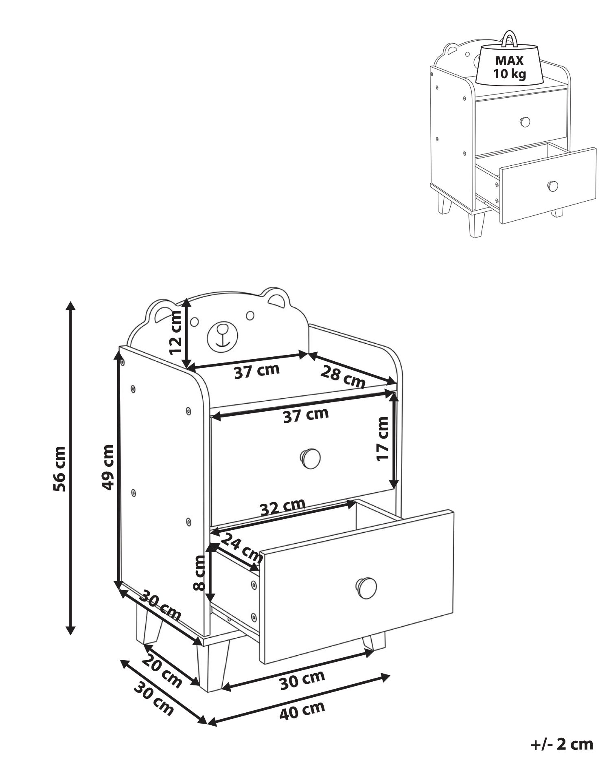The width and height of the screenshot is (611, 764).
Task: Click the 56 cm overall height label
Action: point(59,469)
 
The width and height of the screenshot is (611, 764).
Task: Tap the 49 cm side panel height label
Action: point(107,467)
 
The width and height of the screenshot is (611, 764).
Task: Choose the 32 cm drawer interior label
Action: point(283,507)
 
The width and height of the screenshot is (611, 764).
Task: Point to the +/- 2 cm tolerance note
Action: point(562,744)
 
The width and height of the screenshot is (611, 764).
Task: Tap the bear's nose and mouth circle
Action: point(222,336)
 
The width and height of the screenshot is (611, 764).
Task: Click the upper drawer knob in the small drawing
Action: point(525,121)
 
